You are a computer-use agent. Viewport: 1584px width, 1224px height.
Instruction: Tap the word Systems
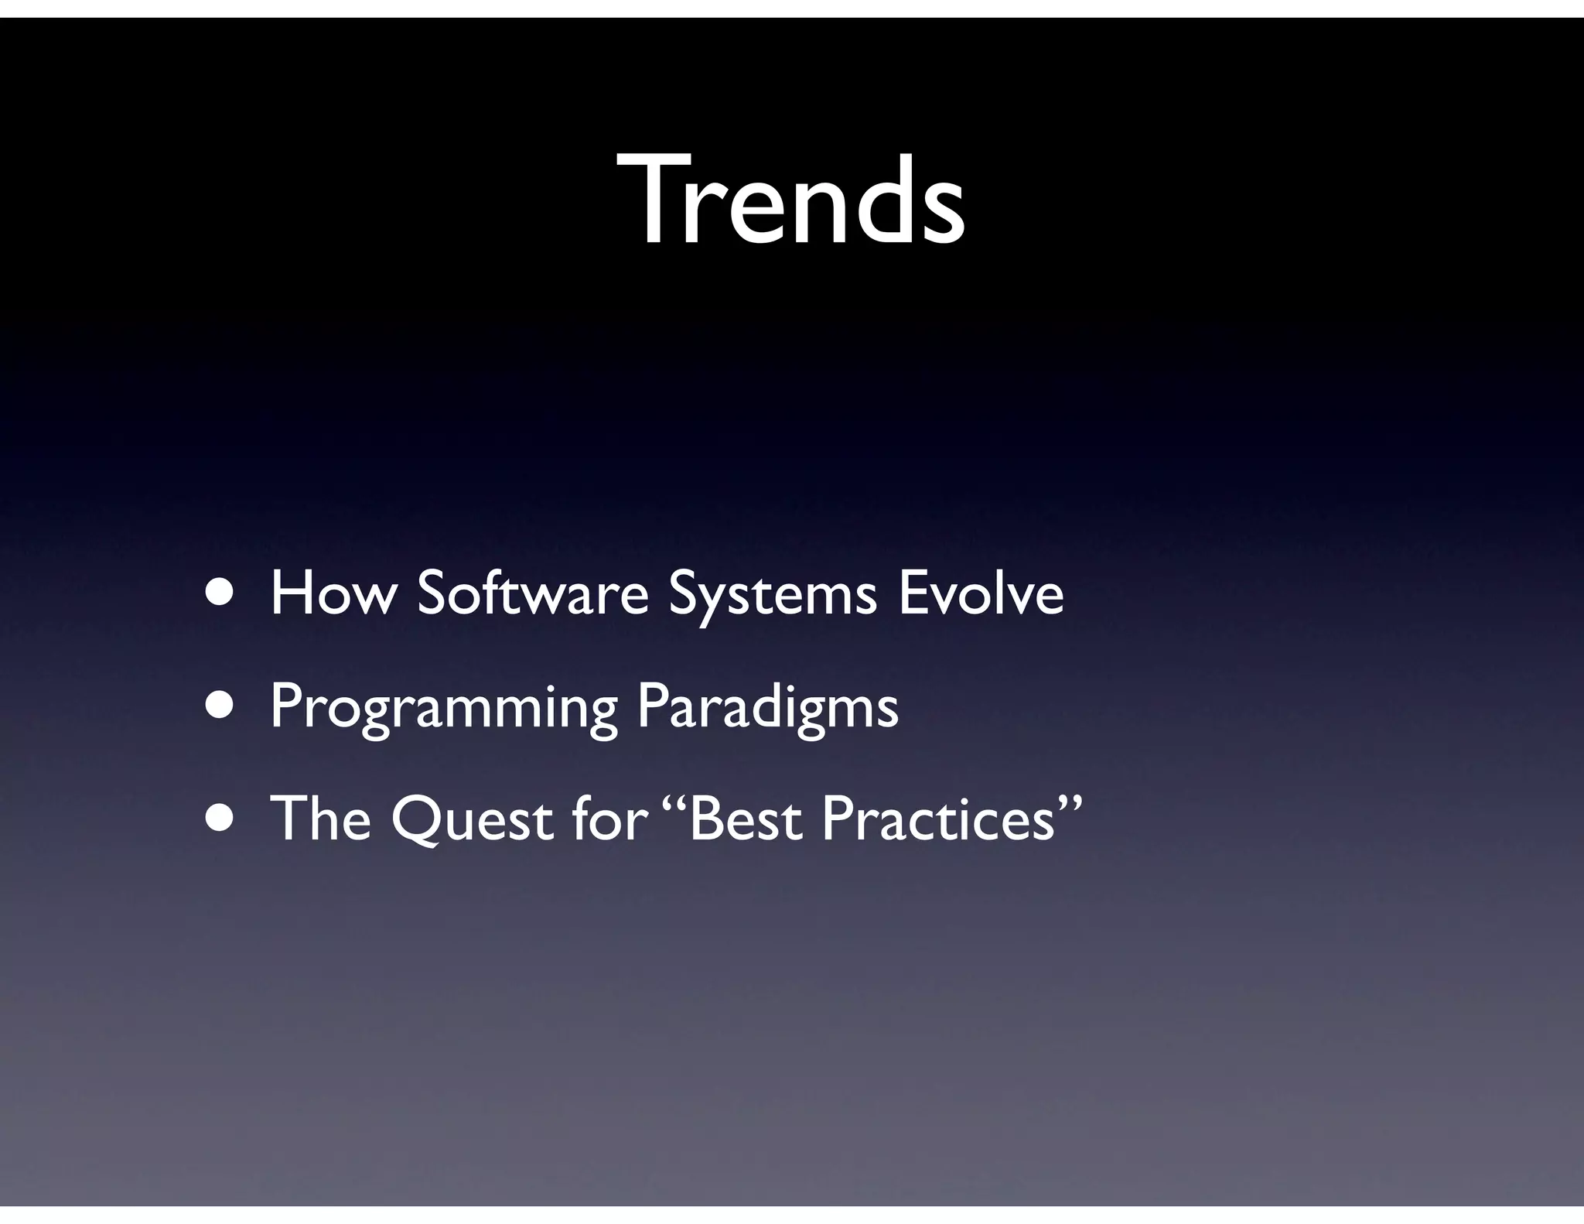tap(773, 596)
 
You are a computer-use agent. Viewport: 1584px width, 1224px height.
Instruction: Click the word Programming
tap(443, 708)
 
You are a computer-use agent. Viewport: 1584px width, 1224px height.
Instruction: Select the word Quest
tap(472, 820)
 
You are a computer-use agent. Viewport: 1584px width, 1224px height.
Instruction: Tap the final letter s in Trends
tap(938, 212)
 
